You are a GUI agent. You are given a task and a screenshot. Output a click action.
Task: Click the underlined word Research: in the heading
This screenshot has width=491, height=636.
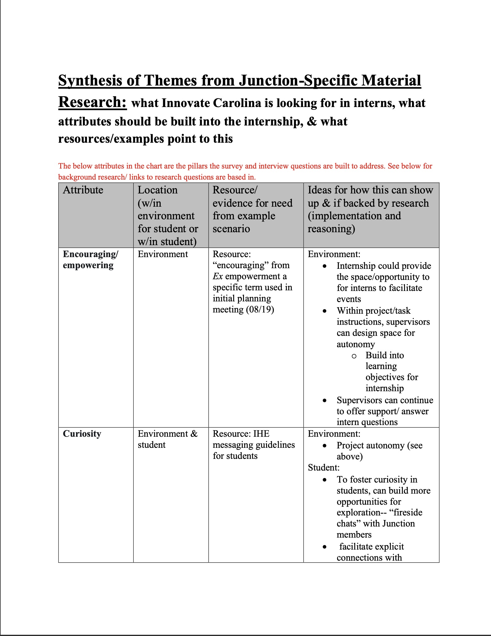point(92,102)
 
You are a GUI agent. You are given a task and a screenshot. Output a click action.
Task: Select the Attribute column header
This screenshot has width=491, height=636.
point(83,190)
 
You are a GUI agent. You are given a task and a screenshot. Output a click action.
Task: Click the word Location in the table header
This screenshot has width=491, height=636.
point(157,190)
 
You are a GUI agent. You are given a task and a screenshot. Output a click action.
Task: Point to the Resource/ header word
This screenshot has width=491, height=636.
point(235,190)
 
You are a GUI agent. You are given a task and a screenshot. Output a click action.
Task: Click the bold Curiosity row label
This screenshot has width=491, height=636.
point(82,434)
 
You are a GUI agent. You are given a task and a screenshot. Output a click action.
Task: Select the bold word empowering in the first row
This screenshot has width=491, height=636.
point(88,265)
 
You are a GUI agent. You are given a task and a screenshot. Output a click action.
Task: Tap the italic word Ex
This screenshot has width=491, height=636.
point(218,276)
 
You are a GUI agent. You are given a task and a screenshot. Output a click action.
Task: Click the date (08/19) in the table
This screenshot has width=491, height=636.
point(260,309)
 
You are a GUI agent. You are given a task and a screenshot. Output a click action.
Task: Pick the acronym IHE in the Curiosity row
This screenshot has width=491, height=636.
point(261,434)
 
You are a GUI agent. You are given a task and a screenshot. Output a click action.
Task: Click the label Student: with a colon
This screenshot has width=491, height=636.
point(324,468)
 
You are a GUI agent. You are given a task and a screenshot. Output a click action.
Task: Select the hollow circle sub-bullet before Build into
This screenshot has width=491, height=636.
point(354,356)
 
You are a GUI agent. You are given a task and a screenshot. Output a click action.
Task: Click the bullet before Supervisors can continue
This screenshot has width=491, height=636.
point(324,401)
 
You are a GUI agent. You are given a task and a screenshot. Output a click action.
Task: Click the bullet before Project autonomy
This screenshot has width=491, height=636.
point(324,446)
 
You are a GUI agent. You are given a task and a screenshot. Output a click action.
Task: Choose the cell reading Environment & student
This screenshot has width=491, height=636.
point(167,439)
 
